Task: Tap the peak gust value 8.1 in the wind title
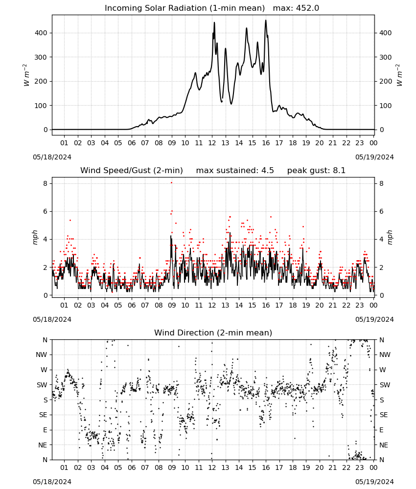coord(339,171)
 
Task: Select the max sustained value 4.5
coord(267,171)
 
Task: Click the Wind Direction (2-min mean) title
coord(213,333)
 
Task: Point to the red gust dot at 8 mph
coord(171,183)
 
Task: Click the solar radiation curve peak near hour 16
coord(266,20)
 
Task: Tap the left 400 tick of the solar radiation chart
coord(41,33)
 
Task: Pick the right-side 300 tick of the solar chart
coord(386,57)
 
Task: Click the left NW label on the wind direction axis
coord(42,355)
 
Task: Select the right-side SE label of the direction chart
coord(384,415)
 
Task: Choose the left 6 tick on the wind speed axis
coord(46,211)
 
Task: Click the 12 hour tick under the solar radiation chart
coord(212,143)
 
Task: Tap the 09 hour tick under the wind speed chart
coord(172,305)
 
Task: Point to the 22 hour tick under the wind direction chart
coord(346,467)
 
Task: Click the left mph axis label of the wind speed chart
coord(35,238)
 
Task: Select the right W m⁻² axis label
coord(399,75)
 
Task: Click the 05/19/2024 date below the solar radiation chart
coord(374,157)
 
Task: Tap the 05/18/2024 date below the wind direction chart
coord(52,482)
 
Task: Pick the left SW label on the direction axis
coord(42,385)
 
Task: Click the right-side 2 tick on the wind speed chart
coord(381,267)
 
